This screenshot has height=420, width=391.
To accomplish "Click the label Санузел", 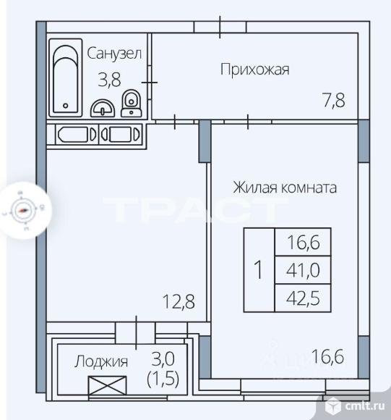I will pos(114,53).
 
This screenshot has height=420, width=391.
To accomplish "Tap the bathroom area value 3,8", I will pos(109,80).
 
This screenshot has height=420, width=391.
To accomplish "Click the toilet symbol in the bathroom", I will pos(132,104).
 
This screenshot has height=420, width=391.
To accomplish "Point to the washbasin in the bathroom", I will pos(103,108).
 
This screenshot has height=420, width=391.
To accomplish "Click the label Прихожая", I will pos(254,70).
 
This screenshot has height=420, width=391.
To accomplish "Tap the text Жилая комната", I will pos(284,188).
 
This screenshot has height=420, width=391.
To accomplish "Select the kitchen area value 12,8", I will pos(179,300).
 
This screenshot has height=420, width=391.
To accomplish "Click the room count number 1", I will pos(258,270).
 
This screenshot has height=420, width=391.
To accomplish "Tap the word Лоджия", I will pos(102,361).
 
